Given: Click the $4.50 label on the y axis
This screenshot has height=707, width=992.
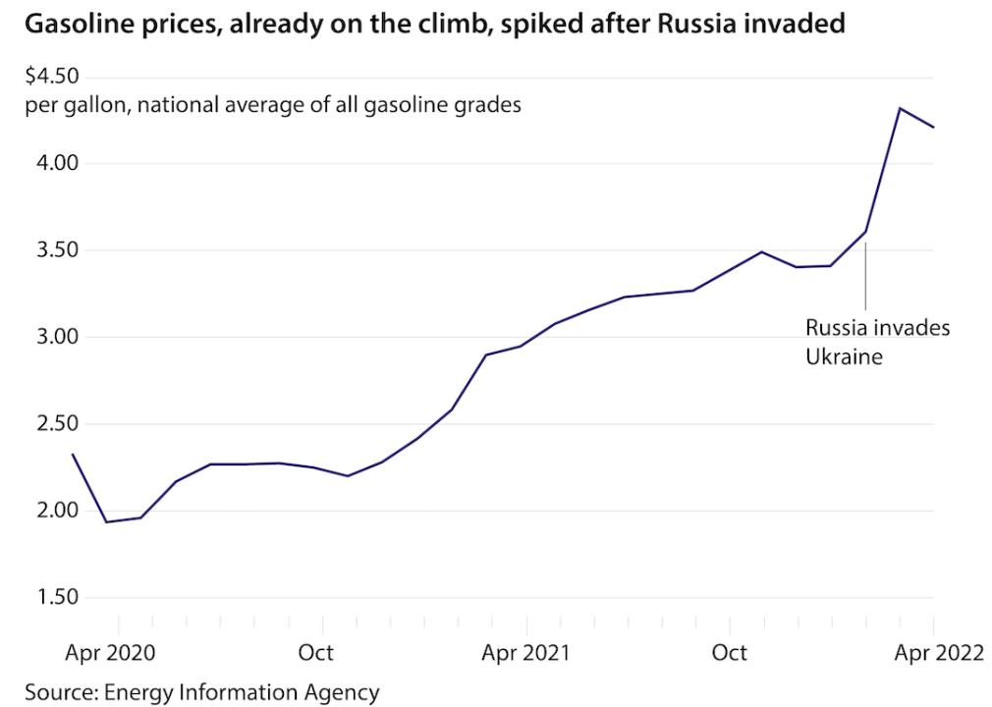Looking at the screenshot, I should [x=53, y=77].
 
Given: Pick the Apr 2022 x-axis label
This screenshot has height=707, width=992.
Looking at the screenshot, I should [x=935, y=653].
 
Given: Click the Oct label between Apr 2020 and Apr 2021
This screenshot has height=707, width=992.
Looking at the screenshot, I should [x=315, y=653].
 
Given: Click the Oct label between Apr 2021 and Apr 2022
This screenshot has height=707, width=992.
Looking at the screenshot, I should [x=729, y=653].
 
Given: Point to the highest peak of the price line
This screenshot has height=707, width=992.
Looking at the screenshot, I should [x=900, y=108].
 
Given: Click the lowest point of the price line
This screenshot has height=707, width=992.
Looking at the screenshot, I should [x=107, y=521].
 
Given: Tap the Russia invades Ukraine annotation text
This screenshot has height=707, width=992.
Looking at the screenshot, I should [x=877, y=342].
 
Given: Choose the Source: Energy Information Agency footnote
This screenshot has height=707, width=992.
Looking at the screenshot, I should [x=201, y=691].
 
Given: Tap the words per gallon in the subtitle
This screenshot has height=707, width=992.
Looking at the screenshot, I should [x=77, y=104].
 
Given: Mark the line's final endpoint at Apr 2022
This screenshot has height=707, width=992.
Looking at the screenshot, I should [x=933, y=128].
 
